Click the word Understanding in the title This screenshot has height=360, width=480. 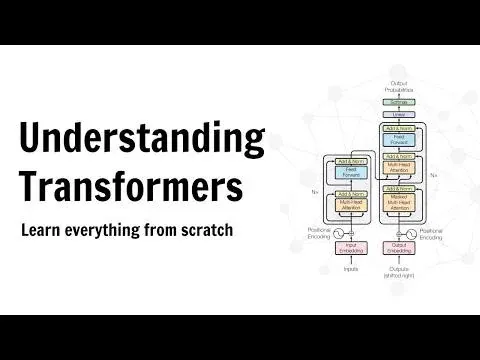(x=142, y=138)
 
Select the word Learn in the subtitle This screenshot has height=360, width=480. (x=42, y=230)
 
